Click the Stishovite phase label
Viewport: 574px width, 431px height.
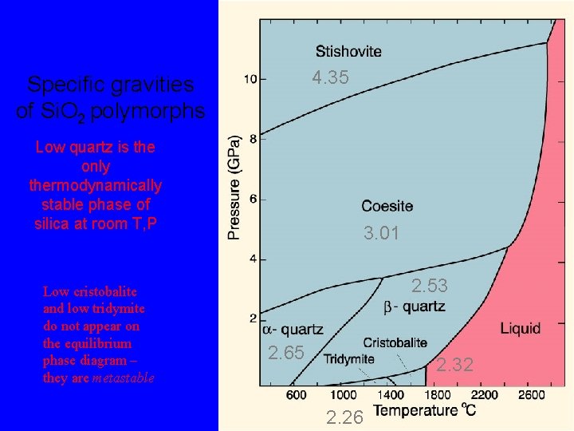tap(348, 52)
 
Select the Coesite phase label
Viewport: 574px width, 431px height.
tap(387, 206)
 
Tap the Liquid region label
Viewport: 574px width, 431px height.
tap(520, 327)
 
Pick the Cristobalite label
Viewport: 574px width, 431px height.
tap(395, 342)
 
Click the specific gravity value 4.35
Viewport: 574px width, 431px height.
tap(331, 77)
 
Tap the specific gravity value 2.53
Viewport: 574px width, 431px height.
tap(429, 286)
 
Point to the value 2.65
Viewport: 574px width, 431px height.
tap(285, 352)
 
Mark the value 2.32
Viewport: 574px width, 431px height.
tap(454, 365)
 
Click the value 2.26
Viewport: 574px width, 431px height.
tap(345, 415)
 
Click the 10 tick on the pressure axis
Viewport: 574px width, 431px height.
tap(250, 79)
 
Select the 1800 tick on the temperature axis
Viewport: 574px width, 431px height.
tap(436, 394)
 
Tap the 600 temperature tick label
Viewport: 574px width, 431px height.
tap(296, 394)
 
